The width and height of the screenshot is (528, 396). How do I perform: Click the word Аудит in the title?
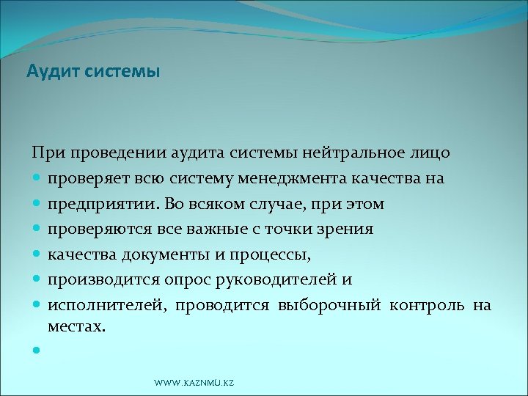[48, 72]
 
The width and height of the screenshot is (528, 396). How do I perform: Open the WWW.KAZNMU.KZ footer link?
[194, 384]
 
